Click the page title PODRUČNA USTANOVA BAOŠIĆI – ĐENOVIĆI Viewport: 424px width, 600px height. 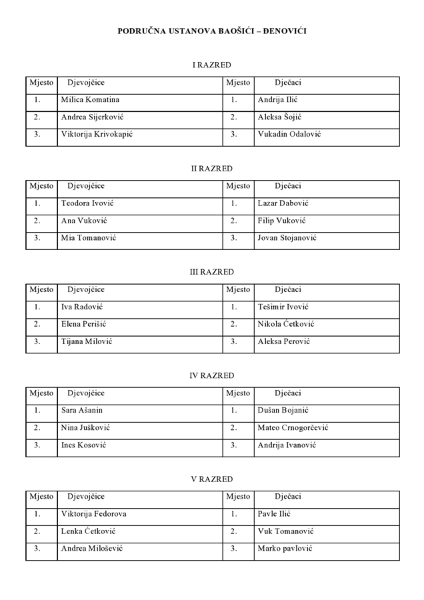click(212, 31)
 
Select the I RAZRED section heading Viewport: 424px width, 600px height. click(212, 65)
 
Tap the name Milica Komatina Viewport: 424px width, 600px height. click(90, 100)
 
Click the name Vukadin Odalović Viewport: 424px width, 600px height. click(289, 134)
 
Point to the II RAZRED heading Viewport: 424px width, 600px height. click(212, 169)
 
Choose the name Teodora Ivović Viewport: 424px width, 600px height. click(88, 203)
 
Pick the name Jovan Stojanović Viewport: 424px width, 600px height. click(287, 238)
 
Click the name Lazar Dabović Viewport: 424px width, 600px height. click(283, 203)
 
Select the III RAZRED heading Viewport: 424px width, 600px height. click(212, 272)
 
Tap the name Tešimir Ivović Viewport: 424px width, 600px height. click(283, 307)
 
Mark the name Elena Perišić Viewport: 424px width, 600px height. click(84, 324)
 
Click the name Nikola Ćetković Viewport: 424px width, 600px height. click(286, 324)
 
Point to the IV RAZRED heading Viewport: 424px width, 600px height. click(212, 376)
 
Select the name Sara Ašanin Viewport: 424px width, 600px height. click(82, 411)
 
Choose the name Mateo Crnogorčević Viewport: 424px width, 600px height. click(293, 428)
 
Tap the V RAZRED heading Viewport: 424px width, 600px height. click(212, 479)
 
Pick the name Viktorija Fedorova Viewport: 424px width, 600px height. click(94, 514)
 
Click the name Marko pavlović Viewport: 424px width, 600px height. click(285, 549)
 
